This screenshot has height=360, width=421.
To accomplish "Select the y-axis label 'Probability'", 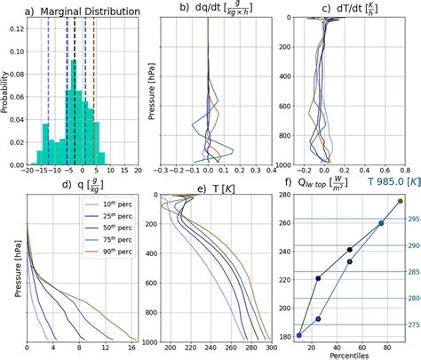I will (5, 93).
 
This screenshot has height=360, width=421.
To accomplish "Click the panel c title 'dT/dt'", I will (353, 12).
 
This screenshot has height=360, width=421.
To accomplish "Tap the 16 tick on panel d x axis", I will (133, 349).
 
